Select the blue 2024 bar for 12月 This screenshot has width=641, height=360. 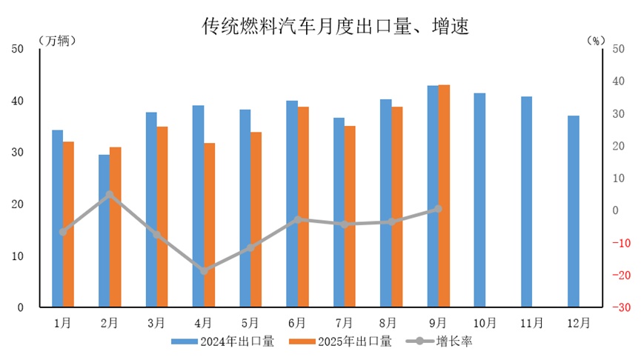[574, 211]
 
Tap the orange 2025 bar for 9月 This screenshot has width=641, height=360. [444, 196]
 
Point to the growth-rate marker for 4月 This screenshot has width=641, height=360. [204, 271]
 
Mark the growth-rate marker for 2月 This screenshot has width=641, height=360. [110, 195]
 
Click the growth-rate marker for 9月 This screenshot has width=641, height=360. [438, 209]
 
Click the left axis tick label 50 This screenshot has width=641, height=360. [19, 49]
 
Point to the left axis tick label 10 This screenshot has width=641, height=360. [19, 256]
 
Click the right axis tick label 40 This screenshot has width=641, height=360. [620, 81]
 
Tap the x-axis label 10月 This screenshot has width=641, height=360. [485, 323]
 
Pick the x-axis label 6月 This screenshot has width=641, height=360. [297, 323]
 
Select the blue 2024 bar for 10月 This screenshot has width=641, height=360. [479, 200]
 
